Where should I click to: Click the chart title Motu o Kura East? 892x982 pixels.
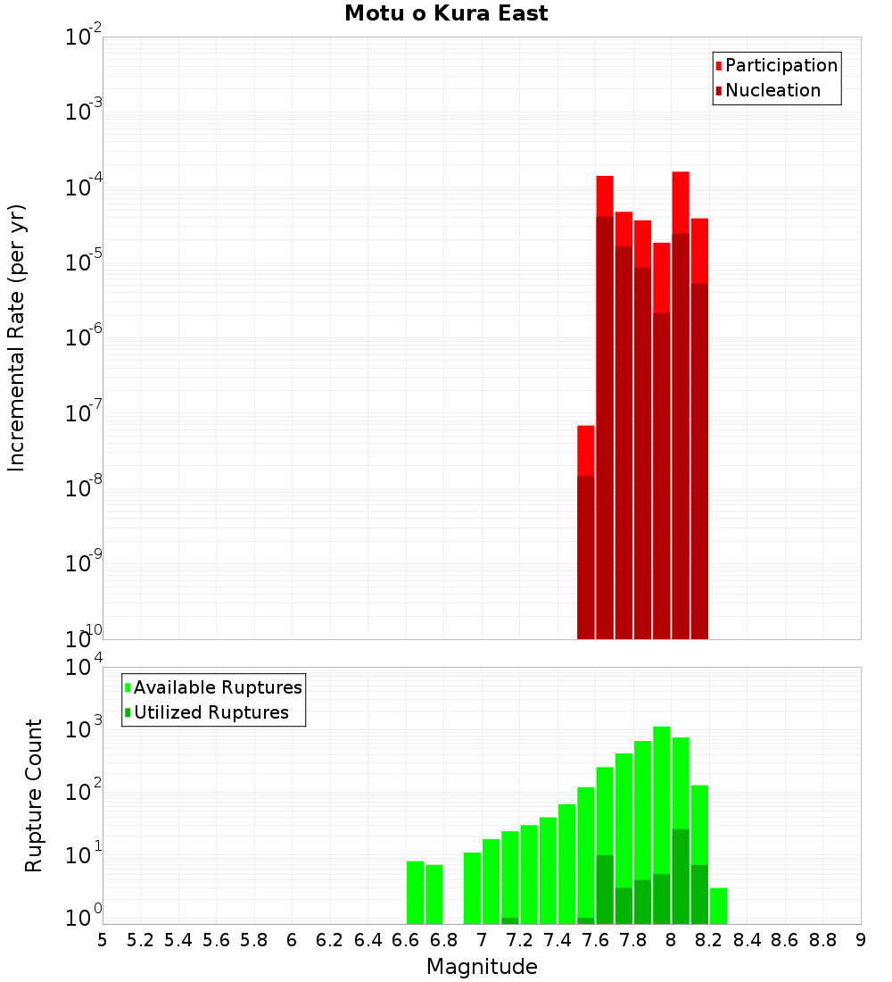[446, 13]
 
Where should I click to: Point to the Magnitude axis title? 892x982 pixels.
[482, 967]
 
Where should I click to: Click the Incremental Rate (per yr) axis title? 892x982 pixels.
[17, 337]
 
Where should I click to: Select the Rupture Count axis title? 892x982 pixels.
[34, 795]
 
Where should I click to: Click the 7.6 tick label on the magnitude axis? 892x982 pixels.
[595, 940]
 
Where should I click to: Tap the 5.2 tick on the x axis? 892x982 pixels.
[140, 940]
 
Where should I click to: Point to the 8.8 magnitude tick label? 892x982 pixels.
[822, 940]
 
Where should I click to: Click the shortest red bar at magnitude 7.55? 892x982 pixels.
[586, 450]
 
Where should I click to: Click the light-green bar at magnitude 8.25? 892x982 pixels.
[718, 905]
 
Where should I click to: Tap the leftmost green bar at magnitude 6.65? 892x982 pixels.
[415, 892]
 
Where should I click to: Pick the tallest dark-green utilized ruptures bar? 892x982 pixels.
[681, 875]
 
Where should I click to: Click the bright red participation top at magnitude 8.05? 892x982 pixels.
[681, 202]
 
